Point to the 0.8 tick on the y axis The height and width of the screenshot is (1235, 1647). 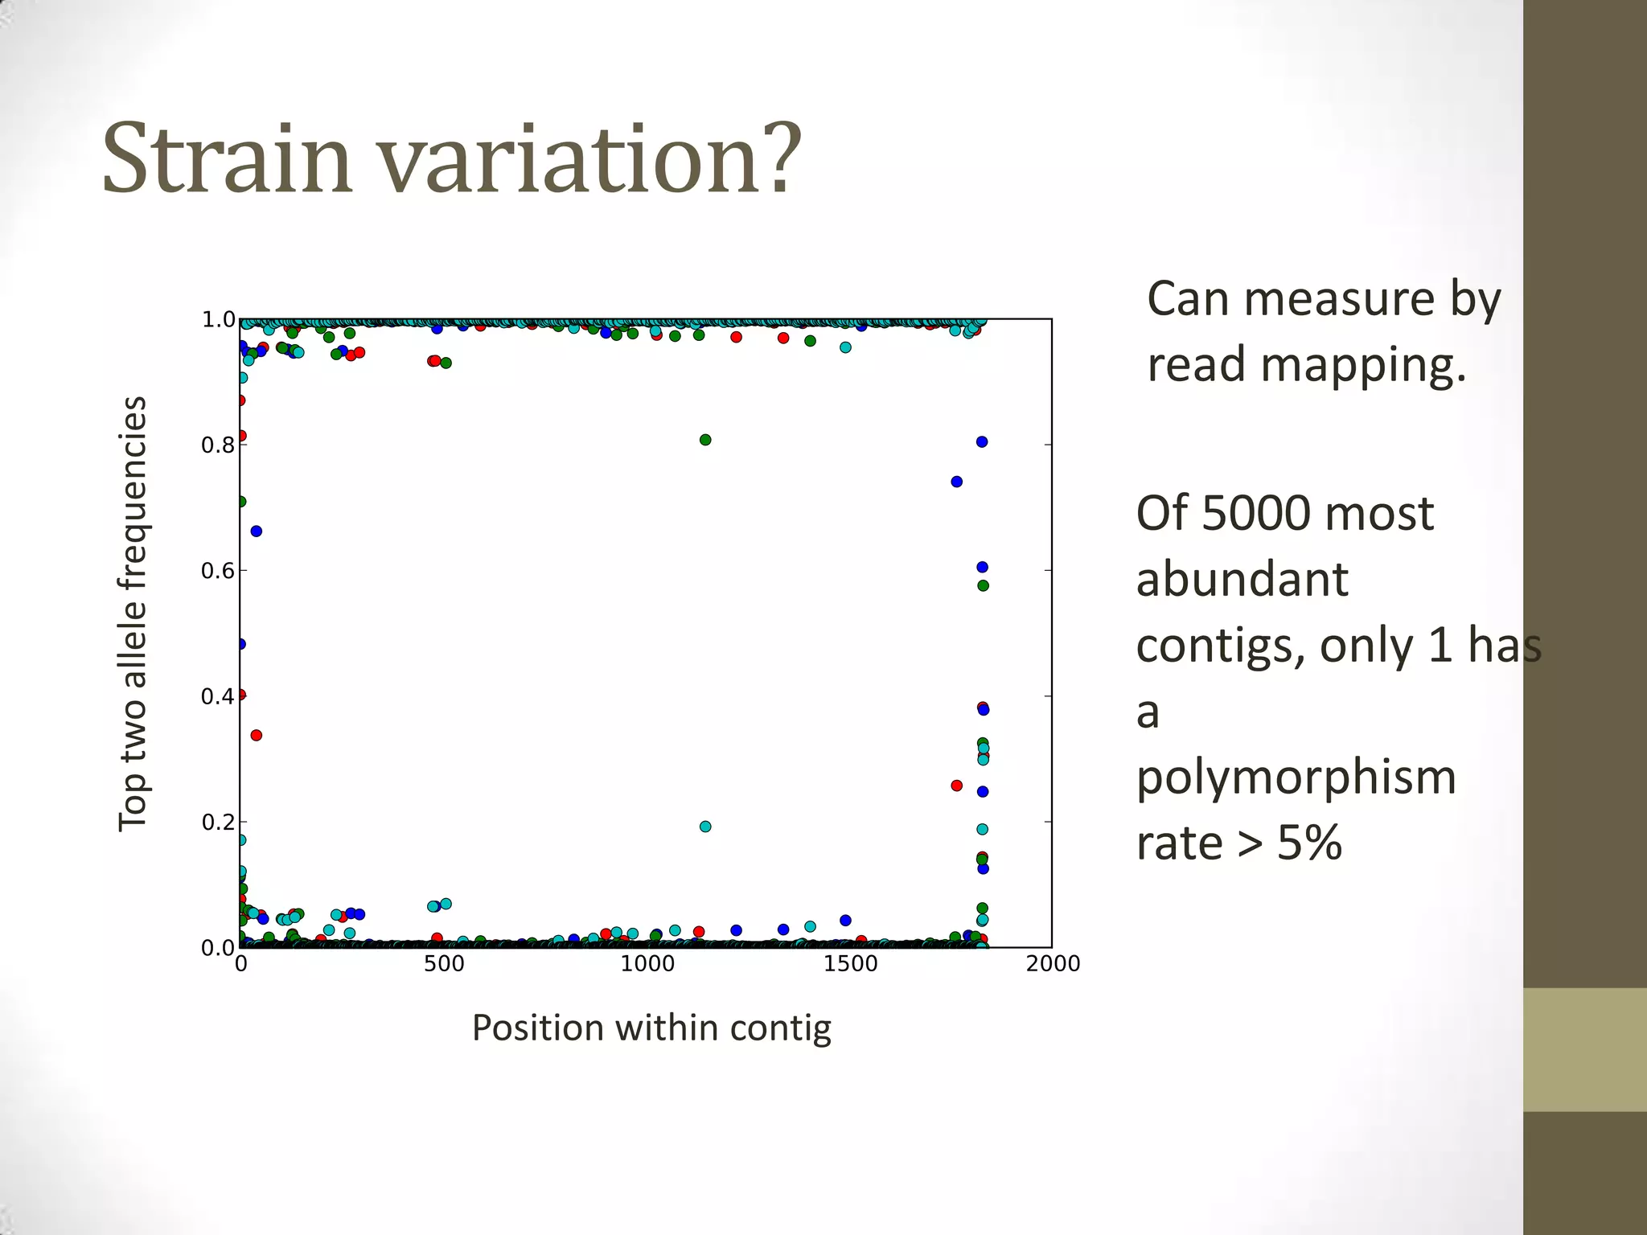coord(218,445)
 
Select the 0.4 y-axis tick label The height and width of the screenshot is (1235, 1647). coord(218,697)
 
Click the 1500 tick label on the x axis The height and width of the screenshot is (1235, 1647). coord(850,964)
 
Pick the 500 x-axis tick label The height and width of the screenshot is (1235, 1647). coord(444,964)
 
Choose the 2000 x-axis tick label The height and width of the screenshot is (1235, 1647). coord(1053,964)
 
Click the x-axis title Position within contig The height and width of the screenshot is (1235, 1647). coord(651,1028)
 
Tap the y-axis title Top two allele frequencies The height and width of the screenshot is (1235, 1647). coord(133,614)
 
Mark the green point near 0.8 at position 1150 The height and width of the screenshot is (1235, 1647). coord(705,440)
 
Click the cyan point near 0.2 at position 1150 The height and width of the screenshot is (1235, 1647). coord(705,827)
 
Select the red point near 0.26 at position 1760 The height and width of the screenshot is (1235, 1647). coord(956,786)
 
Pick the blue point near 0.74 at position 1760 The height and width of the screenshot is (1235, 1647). coord(956,482)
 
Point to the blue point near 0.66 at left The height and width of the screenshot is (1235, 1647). coord(257,531)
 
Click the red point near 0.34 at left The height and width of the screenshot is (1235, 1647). coord(257,735)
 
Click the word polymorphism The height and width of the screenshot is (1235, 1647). coord(1296,778)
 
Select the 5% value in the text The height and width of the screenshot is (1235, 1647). coord(1309,843)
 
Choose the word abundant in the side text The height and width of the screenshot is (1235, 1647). coord(1242,580)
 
